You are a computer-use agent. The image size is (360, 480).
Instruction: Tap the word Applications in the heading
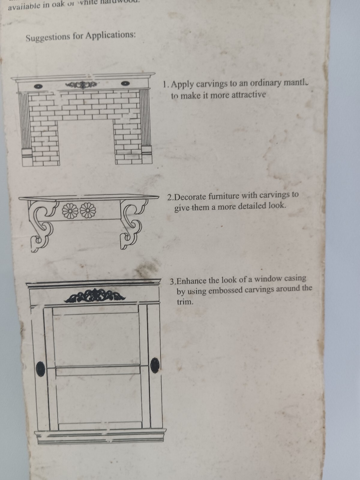[x=110, y=35]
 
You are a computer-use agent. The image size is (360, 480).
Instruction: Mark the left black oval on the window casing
[x=40, y=368]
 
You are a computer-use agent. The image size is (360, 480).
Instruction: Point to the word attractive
[x=249, y=95]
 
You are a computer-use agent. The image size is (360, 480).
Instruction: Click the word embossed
[x=226, y=290]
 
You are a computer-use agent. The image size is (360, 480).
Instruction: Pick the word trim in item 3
[x=185, y=302]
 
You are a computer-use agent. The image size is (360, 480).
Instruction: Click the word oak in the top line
[x=58, y=5]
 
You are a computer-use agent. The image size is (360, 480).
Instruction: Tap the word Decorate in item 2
[x=190, y=197]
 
